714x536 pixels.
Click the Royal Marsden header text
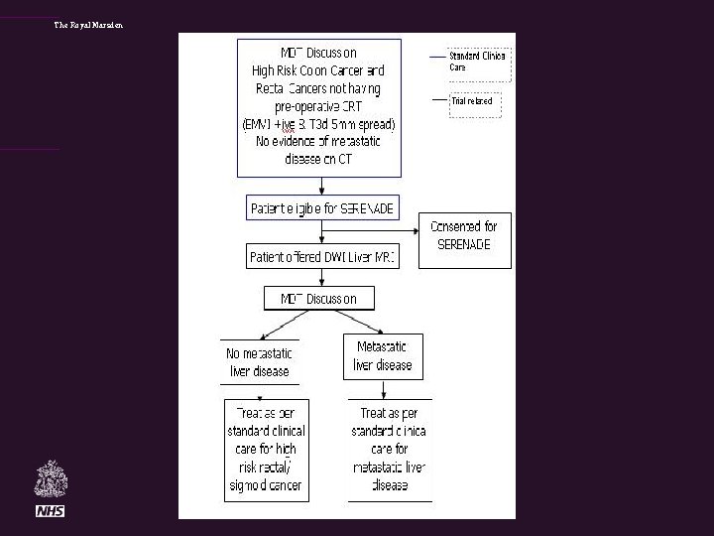click(x=89, y=25)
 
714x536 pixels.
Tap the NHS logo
click(x=50, y=510)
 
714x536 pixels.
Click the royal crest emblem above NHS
click(x=50, y=479)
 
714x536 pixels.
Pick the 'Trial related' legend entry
click(x=472, y=101)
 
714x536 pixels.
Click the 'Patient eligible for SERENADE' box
click(x=322, y=209)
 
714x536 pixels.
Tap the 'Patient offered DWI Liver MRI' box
click(x=322, y=257)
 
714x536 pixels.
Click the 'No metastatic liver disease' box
click(x=259, y=361)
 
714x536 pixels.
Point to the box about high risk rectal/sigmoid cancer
click(x=265, y=449)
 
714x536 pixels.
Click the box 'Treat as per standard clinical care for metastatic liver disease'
click(x=390, y=449)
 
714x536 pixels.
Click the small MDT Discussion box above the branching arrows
click(x=317, y=298)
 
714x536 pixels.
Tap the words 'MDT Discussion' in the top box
click(x=318, y=53)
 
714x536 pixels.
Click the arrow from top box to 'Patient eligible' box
click(x=319, y=186)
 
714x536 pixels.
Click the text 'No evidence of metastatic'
click(x=317, y=142)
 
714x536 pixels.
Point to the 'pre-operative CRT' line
click(x=317, y=106)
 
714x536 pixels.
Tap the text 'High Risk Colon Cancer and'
click(x=317, y=70)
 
